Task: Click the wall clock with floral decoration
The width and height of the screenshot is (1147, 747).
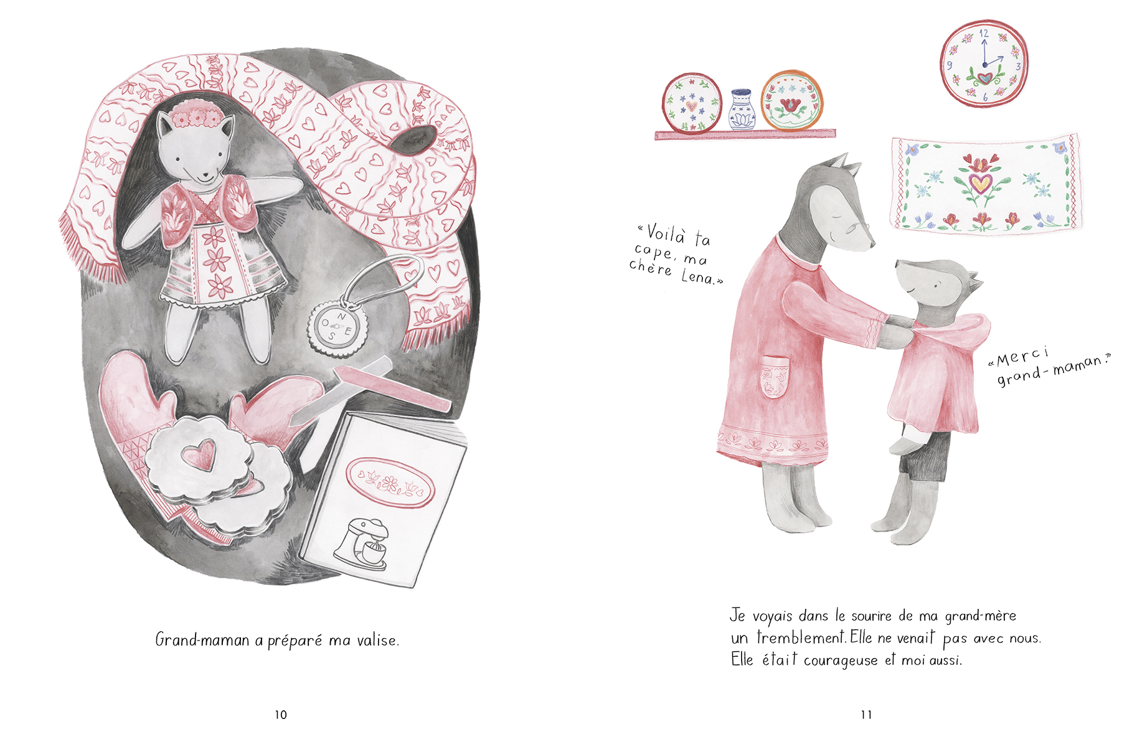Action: (x=984, y=62)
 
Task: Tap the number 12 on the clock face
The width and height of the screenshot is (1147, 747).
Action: (x=984, y=34)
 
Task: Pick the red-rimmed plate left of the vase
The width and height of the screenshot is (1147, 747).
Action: (x=692, y=104)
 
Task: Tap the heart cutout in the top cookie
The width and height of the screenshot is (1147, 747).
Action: (x=199, y=454)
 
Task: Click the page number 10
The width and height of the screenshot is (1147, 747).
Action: (x=281, y=715)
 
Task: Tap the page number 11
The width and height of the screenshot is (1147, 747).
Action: (x=866, y=715)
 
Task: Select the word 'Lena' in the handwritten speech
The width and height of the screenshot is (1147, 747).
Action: (x=698, y=277)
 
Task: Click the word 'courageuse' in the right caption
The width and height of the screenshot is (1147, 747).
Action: (x=841, y=660)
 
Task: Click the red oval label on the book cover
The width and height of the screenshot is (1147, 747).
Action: (x=389, y=482)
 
